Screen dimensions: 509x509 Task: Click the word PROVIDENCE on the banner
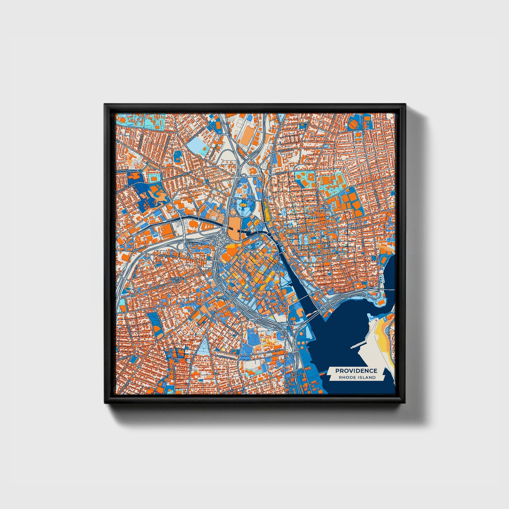tap(356, 371)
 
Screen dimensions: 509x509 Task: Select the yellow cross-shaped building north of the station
tap(243, 202)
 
